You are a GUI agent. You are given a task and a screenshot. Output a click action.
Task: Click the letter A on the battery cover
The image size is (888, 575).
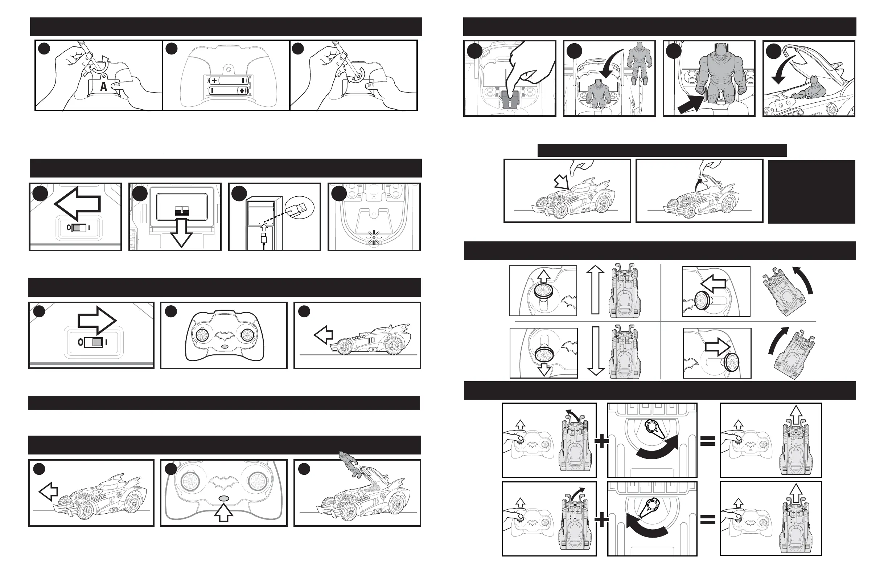[103, 87]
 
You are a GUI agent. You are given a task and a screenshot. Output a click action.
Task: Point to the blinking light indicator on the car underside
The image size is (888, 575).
[373, 237]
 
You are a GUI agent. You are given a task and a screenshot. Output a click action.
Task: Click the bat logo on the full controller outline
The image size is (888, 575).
[224, 336]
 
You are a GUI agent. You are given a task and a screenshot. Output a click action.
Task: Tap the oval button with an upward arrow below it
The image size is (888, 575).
[224, 498]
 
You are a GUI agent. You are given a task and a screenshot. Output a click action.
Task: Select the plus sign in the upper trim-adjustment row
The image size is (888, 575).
[601, 442]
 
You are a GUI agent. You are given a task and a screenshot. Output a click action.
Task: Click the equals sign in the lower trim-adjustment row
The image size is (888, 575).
[708, 520]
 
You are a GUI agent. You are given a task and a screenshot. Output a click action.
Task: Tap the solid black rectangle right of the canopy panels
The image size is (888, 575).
[811, 192]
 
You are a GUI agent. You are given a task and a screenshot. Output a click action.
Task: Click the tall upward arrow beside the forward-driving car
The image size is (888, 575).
[595, 289]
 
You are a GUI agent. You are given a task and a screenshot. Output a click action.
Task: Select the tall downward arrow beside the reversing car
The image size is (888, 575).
[596, 351]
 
